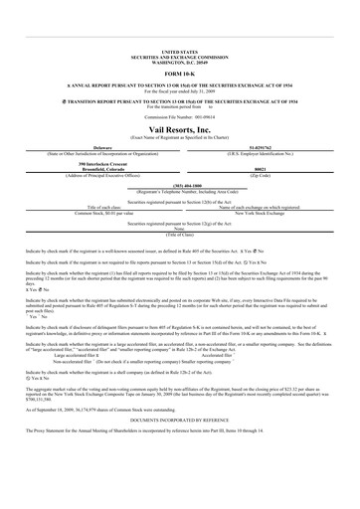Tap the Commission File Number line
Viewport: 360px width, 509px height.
click(179, 104)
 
